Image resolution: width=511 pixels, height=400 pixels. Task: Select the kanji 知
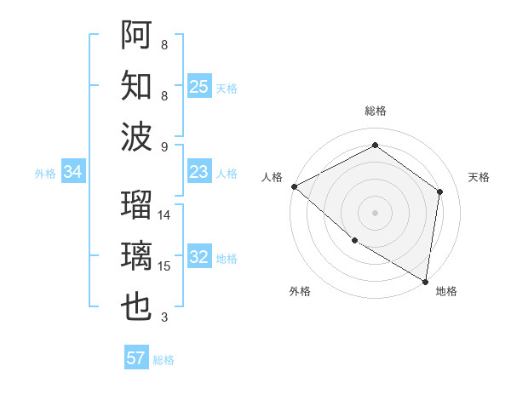[137, 84]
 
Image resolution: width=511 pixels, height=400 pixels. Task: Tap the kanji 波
[137, 135]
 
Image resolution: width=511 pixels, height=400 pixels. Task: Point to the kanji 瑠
[137, 206]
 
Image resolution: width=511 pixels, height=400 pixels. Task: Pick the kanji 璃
[137, 255]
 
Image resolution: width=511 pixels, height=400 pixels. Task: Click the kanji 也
[137, 307]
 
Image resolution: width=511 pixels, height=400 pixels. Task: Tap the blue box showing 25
[199, 86]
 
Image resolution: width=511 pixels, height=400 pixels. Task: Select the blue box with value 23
[199, 172]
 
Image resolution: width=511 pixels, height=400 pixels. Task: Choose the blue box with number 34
[73, 172]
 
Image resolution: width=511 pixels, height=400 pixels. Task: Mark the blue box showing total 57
[136, 358]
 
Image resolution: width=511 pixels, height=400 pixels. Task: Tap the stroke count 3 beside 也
[164, 317]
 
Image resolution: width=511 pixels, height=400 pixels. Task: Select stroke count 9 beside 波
[164, 146]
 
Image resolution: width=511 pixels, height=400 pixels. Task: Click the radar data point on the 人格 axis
[294, 186]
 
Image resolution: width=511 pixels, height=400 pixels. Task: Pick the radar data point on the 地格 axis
[426, 280]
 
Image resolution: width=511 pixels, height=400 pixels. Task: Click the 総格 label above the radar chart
[375, 111]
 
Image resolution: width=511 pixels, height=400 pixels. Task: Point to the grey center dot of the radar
[375, 212]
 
